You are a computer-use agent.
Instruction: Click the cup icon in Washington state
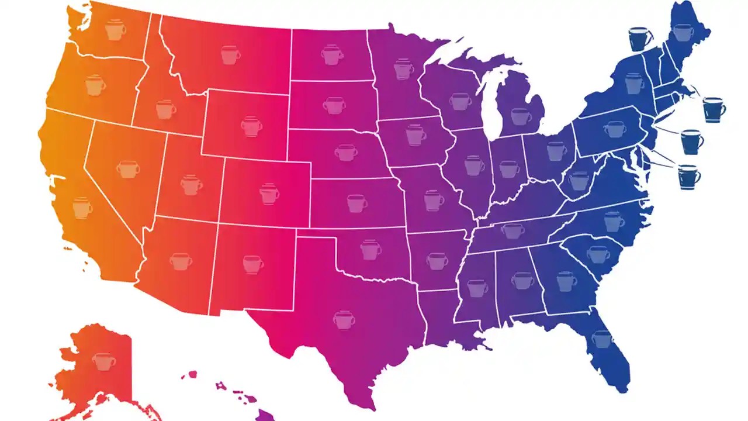(x=116, y=30)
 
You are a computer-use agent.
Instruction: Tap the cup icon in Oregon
(x=95, y=85)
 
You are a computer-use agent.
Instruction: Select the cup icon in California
(x=82, y=208)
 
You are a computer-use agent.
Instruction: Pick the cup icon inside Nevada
(x=127, y=169)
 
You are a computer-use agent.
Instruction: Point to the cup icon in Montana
(x=230, y=55)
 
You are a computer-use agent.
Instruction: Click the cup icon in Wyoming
(x=251, y=126)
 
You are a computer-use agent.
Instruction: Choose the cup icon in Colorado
(x=269, y=194)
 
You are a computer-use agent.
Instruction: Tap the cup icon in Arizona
(x=181, y=261)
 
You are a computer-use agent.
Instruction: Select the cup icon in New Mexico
(x=252, y=264)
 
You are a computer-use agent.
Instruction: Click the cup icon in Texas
(x=344, y=319)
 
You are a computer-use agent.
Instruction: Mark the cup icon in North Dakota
(x=332, y=55)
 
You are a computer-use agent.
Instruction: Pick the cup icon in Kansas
(x=356, y=203)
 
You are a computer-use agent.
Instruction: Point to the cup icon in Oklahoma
(x=370, y=250)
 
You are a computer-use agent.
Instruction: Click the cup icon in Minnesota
(x=403, y=69)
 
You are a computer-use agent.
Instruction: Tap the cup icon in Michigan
(x=521, y=116)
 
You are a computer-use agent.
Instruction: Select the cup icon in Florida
(x=601, y=339)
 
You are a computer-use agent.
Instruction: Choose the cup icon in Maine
(x=683, y=32)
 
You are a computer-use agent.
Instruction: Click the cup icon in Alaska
(x=103, y=361)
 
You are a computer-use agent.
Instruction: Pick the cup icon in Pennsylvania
(x=614, y=129)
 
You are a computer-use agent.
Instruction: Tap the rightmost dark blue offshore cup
(x=714, y=109)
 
